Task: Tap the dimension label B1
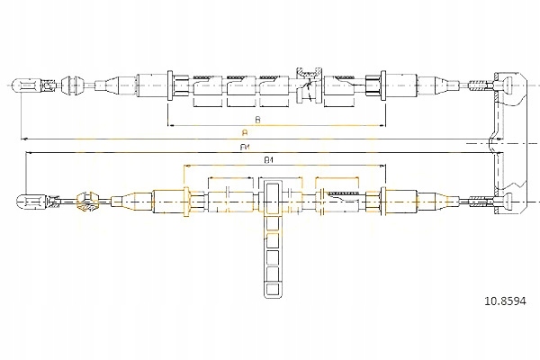(x=268, y=160)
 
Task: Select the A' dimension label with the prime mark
(x=244, y=146)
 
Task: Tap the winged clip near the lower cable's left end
(x=87, y=200)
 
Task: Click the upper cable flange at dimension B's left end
(x=169, y=85)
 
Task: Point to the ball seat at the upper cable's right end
(x=509, y=86)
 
